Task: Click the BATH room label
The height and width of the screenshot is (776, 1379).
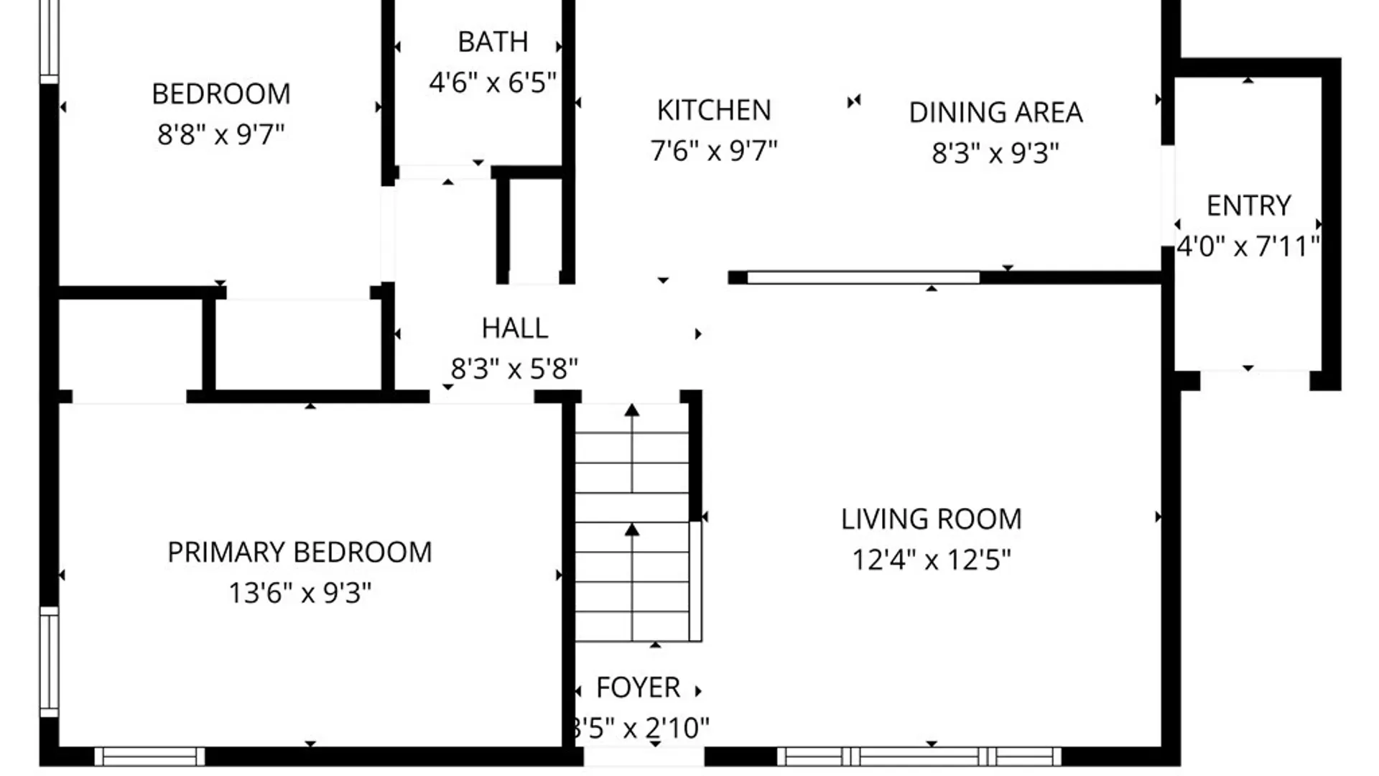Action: click(493, 42)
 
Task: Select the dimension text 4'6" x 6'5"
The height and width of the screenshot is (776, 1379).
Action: click(493, 83)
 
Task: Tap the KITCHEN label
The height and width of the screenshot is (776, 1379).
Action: click(714, 111)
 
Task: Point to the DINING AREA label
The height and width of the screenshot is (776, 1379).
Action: click(995, 113)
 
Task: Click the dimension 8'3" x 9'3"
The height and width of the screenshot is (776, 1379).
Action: click(995, 153)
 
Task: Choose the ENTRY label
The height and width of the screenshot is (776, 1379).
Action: click(1248, 206)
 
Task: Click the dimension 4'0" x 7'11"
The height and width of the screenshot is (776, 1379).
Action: click(1248, 246)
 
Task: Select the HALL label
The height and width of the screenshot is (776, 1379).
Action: click(514, 328)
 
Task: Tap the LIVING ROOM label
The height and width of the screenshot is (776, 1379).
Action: click(931, 519)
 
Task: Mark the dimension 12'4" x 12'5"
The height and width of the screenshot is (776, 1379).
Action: click(931, 560)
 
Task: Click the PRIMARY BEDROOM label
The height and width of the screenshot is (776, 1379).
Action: click(300, 553)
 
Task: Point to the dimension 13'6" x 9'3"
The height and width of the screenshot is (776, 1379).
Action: click(300, 593)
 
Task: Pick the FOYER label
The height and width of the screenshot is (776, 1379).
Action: click(638, 688)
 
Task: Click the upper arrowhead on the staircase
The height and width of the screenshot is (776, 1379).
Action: click(632, 410)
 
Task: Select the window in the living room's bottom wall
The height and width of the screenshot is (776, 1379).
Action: click(919, 756)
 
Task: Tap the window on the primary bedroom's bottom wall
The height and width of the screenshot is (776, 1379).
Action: click(149, 756)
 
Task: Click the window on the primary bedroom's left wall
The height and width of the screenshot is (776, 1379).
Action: click(49, 661)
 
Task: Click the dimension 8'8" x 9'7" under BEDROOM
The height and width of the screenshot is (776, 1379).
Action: click(220, 134)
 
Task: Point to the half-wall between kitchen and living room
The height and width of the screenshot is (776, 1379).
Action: click(863, 277)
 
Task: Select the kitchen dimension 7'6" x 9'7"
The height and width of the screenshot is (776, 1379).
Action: click(714, 151)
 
